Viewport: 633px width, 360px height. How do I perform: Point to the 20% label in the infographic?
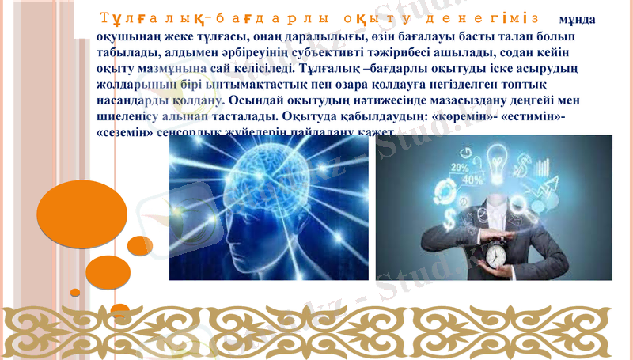point(460,168)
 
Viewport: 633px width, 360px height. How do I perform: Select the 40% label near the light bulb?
point(472,180)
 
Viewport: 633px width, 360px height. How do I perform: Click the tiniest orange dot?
point(75,292)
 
